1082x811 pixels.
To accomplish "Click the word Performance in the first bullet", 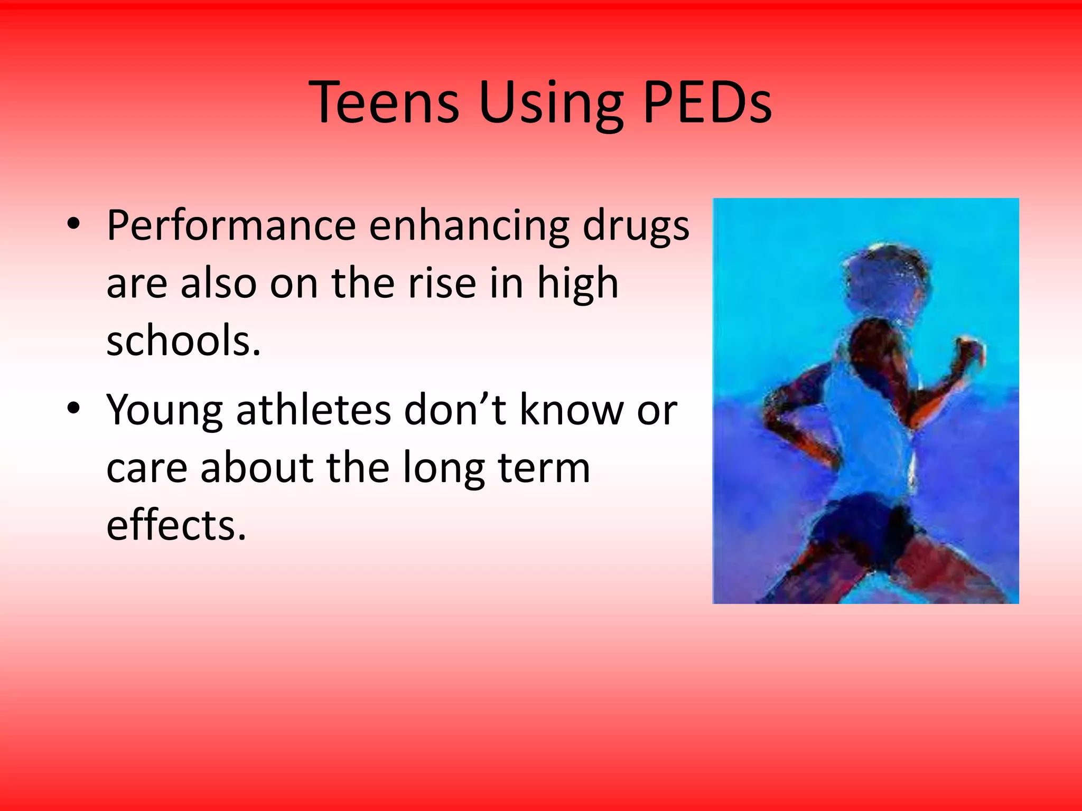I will pos(231,226).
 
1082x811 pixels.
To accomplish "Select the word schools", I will pos(183,341).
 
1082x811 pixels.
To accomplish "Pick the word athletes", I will pos(313,410).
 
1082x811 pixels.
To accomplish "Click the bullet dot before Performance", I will pos(73,224).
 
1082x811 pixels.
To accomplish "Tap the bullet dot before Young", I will pos(73,408).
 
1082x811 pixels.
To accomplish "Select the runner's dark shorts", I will pos(866,528).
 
